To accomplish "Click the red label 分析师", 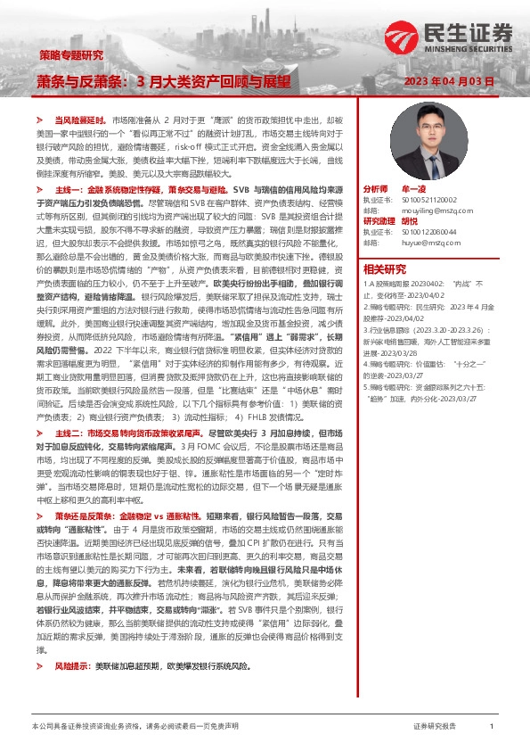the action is (377, 190).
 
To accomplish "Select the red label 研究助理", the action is (379, 221).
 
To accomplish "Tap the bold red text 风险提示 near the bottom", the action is (72, 691).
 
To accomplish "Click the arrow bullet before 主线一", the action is (39, 190).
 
